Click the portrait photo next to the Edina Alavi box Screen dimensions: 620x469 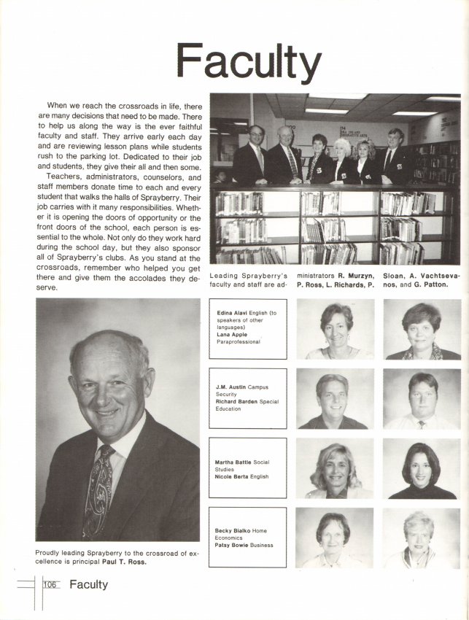click(335, 330)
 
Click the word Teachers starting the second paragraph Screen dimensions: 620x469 click(63, 176)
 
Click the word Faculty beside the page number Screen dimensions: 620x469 click(88, 584)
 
